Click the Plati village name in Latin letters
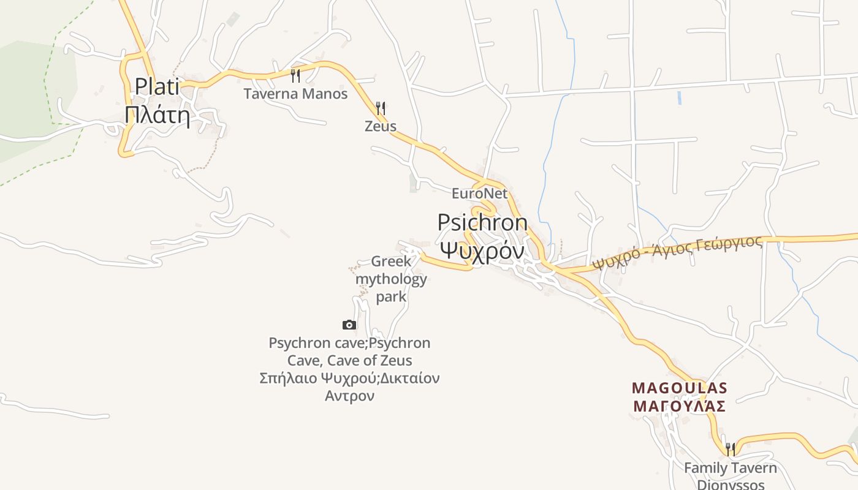click(158, 86)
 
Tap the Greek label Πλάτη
click(158, 115)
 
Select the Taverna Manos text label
click(295, 94)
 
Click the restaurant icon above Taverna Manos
click(295, 75)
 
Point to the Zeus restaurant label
click(381, 127)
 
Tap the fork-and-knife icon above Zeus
click(381, 108)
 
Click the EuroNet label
click(480, 194)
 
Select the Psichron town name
click(482, 222)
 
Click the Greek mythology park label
click(391, 279)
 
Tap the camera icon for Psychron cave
click(349, 325)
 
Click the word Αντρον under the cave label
click(349, 396)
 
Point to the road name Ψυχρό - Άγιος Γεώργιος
click(678, 253)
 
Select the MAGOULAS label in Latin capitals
click(680, 388)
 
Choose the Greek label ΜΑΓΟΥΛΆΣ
click(680, 406)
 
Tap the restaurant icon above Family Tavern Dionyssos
click(730, 449)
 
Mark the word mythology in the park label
click(391, 279)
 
